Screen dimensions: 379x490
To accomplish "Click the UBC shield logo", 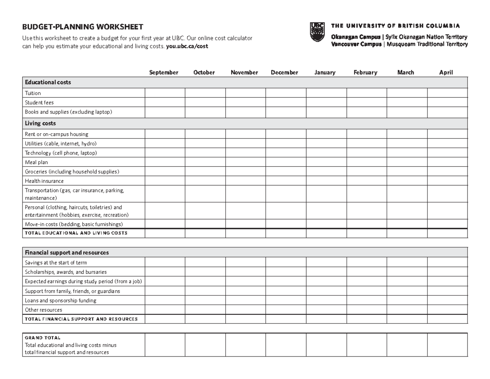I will click(317, 32).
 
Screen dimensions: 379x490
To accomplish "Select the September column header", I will click(164, 72).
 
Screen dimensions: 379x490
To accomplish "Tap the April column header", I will click(446, 72).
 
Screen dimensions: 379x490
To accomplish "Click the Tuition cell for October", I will click(205, 93).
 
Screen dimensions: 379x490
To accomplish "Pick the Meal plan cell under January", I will click(326, 162).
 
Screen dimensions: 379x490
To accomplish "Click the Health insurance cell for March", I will click(407, 181).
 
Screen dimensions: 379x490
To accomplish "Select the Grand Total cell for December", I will click(285, 345).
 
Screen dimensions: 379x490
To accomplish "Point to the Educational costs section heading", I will click(48, 83).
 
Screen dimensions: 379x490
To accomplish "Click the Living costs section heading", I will click(40, 123).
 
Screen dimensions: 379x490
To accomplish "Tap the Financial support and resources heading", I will click(67, 253).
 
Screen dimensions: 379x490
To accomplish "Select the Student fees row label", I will click(39, 103).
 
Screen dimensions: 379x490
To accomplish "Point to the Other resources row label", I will click(44, 310).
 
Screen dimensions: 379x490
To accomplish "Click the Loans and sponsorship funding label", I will click(60, 301).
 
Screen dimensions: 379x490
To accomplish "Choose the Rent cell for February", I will click(366, 134).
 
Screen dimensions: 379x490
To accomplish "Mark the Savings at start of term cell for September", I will click(165, 262).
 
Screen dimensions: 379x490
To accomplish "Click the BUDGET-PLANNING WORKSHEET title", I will click(82, 27).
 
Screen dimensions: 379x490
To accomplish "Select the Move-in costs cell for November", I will click(245, 224).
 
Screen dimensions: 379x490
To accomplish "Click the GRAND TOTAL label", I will click(42, 338).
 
